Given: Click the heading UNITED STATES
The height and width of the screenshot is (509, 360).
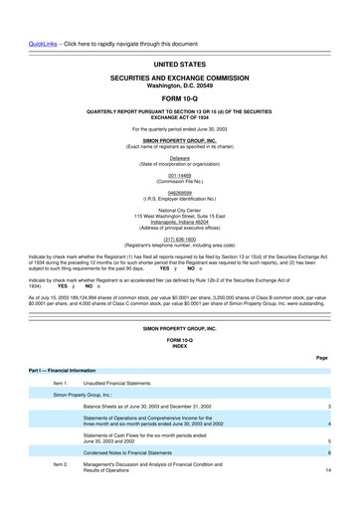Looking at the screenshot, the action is point(180,65).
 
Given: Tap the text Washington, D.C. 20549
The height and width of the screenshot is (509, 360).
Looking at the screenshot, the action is point(180,85).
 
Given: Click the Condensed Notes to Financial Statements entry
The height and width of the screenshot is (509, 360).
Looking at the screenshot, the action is point(145,452).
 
